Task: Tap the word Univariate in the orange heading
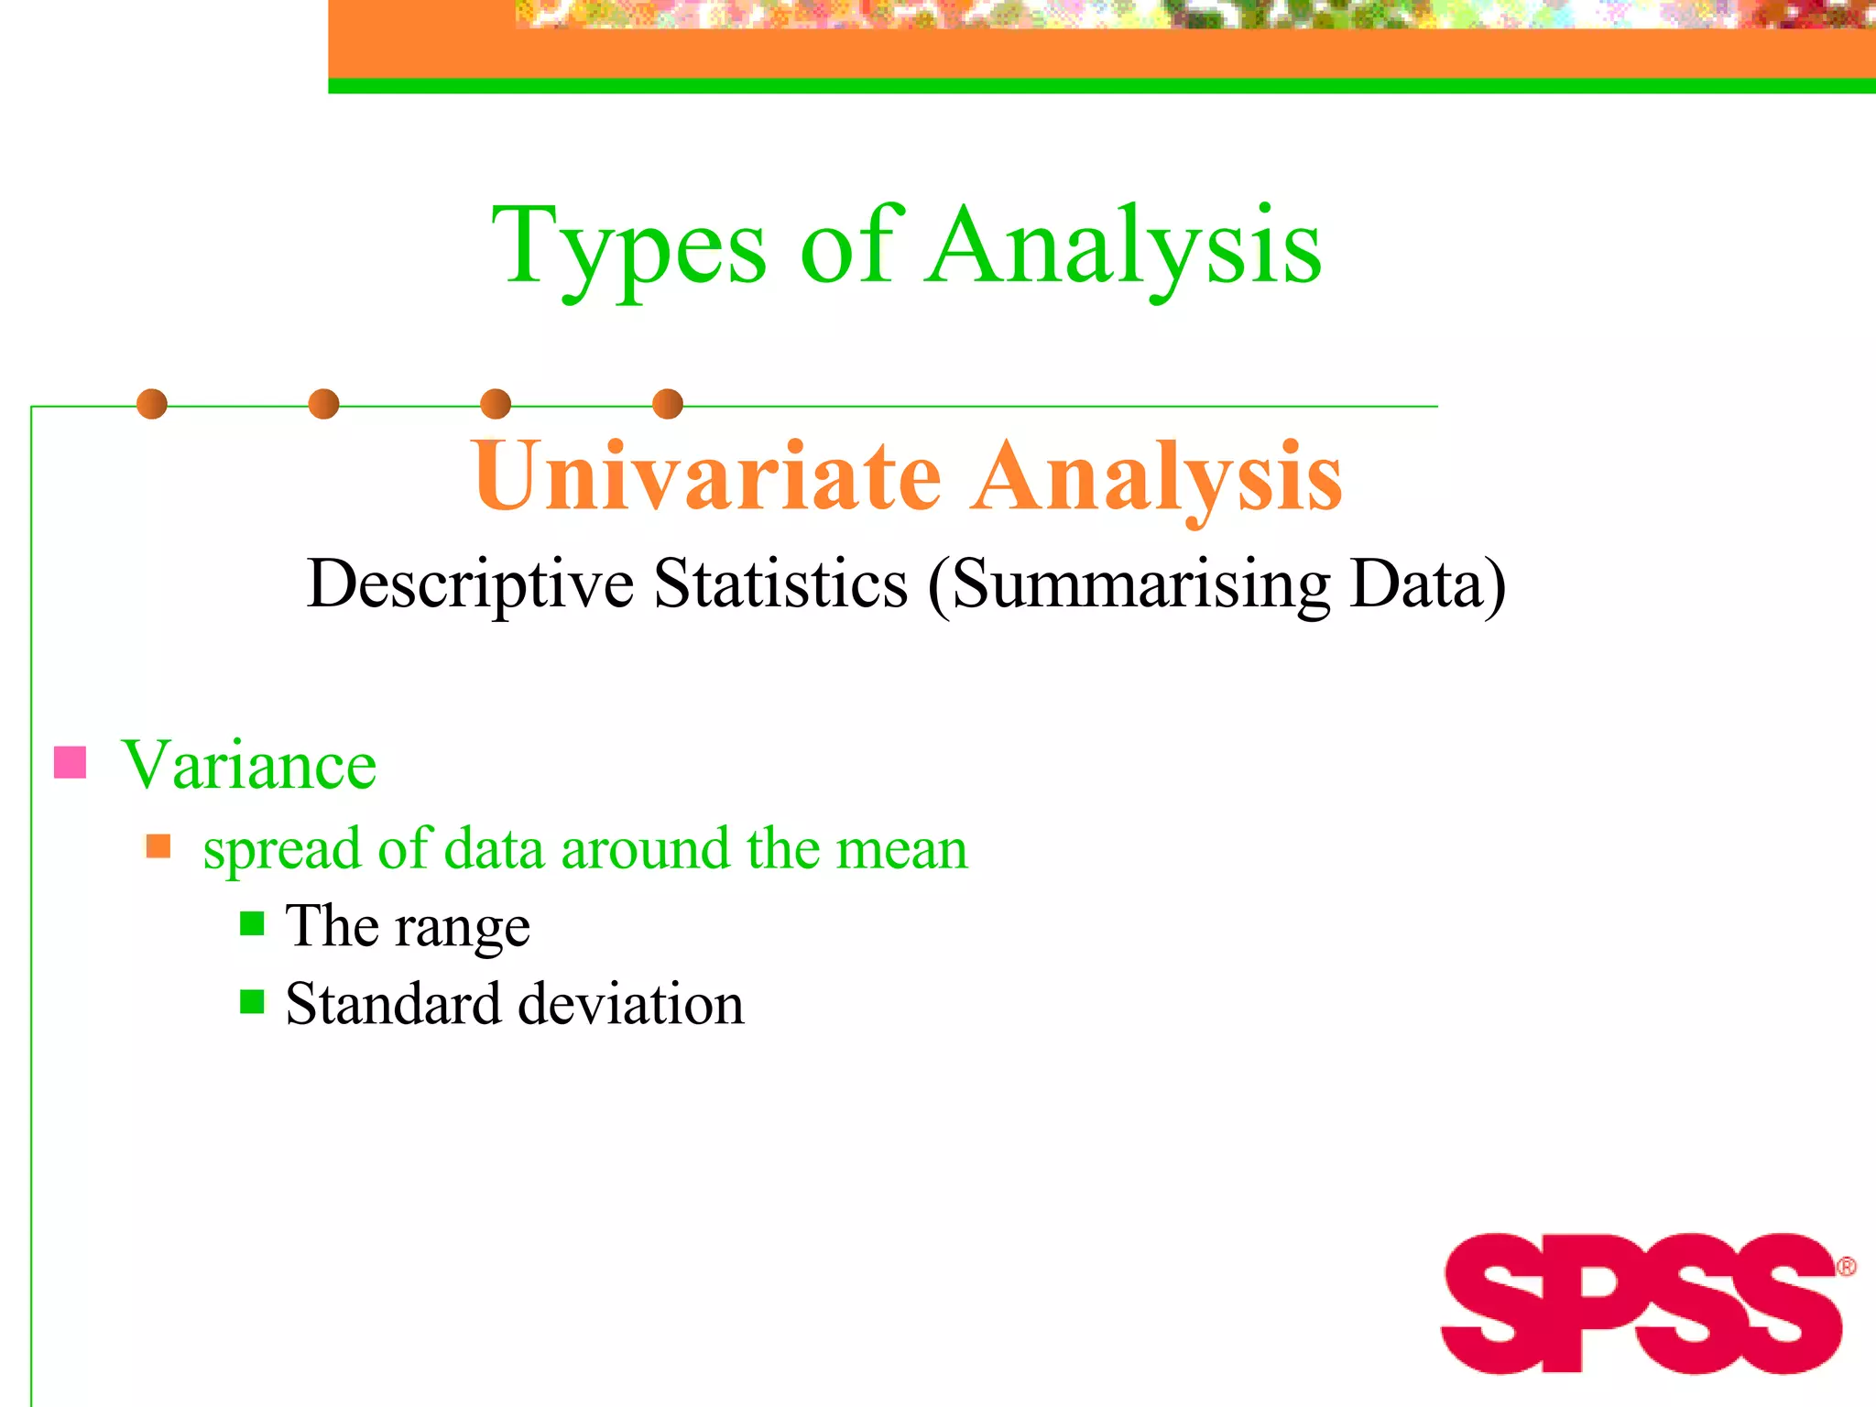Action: [706, 476]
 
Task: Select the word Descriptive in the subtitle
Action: [470, 584]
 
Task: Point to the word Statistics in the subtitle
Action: [780, 584]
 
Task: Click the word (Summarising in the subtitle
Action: [1129, 584]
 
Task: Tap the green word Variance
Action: [249, 764]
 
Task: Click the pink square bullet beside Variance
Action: [71, 762]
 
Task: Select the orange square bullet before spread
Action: [158, 845]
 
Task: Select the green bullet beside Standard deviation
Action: [252, 1001]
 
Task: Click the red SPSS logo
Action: [1640, 1303]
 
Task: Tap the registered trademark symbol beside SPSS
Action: [1846, 1267]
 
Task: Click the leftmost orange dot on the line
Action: [152, 404]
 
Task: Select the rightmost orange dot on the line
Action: [668, 404]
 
